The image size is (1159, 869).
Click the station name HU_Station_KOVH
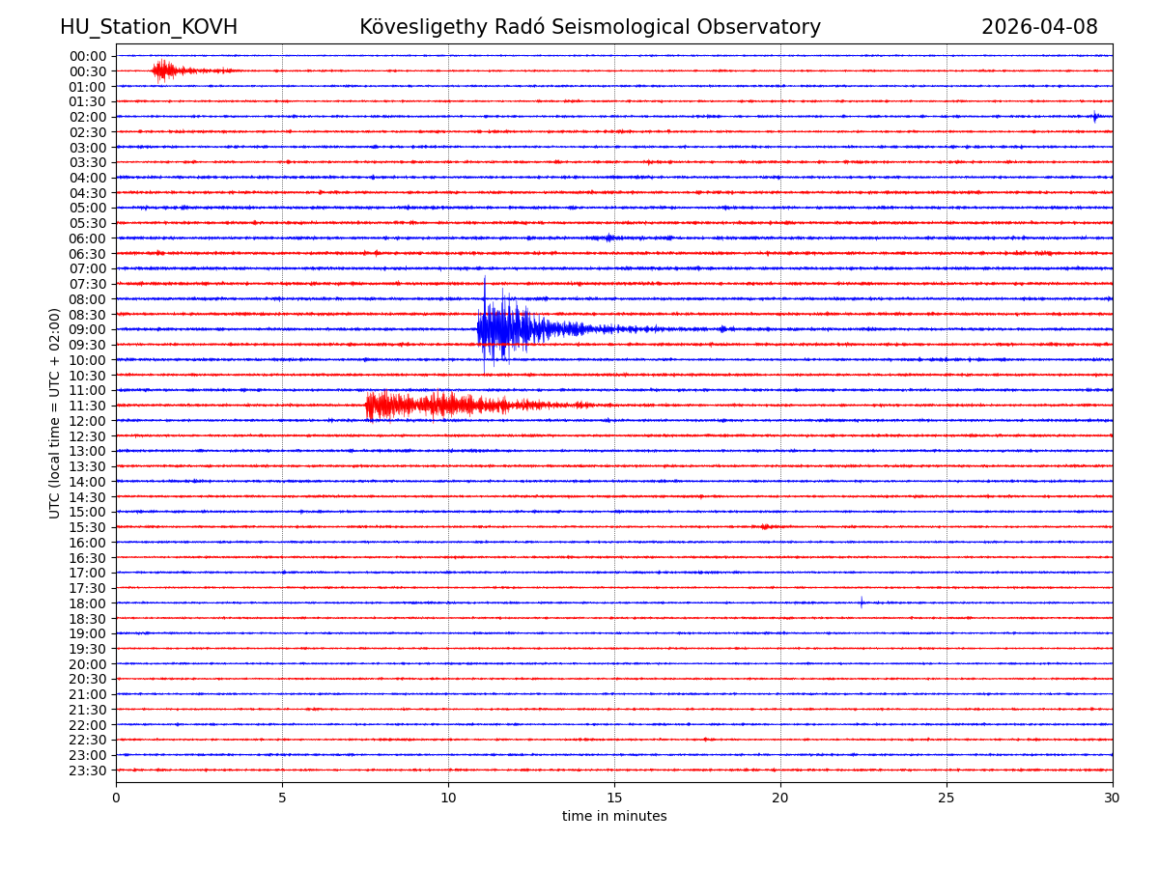tap(149, 27)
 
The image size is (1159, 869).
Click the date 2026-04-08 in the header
tap(1039, 27)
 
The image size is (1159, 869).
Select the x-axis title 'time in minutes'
tap(614, 816)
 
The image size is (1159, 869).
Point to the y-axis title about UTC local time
tap(55, 413)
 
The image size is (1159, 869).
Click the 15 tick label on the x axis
tap(614, 799)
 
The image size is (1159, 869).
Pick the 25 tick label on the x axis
tap(947, 799)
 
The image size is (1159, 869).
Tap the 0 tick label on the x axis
tap(116, 799)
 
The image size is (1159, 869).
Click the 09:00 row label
tap(88, 329)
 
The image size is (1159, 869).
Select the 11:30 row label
tap(88, 406)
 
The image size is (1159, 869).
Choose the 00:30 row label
tap(88, 71)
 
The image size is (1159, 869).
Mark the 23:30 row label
tap(88, 771)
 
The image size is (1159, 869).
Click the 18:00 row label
tap(88, 603)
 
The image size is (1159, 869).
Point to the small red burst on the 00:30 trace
tap(164, 70)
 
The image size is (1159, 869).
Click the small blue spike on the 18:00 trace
tap(862, 603)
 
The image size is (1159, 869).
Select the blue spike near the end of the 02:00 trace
tap(1095, 117)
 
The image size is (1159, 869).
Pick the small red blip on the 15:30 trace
tap(765, 527)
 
